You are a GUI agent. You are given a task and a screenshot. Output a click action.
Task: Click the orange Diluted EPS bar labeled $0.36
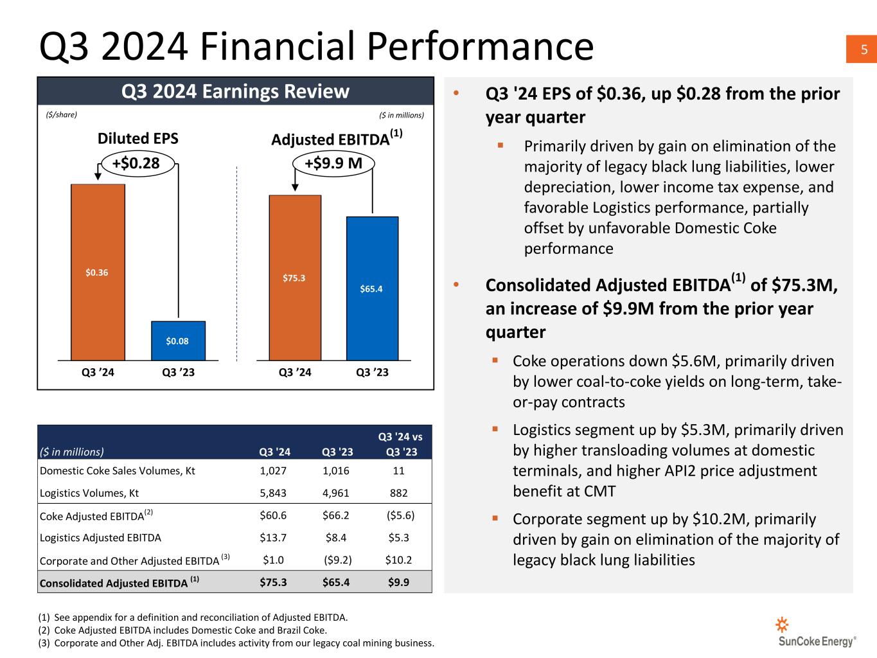98,272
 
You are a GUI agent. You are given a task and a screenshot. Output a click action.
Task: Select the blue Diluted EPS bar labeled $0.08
178,341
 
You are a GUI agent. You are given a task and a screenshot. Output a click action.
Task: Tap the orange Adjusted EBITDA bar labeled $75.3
294,278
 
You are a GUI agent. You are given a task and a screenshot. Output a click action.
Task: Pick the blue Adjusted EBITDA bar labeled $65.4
372,289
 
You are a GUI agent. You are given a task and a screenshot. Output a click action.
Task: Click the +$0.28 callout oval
136,163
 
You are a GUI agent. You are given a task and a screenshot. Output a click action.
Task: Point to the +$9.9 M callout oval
333,163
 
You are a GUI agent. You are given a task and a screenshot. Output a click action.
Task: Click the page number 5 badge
864,49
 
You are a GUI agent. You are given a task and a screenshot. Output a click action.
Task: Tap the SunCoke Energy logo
816,634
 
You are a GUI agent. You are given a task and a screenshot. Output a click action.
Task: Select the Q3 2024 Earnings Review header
235,91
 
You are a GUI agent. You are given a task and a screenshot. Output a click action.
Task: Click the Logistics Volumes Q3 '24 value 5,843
273,493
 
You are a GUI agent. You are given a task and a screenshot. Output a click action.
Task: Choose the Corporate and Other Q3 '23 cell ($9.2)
338,560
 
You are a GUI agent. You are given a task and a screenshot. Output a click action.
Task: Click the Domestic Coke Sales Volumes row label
118,470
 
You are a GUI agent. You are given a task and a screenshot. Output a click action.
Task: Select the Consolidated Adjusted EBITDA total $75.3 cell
273,583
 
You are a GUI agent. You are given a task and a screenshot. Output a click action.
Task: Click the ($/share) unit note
62,115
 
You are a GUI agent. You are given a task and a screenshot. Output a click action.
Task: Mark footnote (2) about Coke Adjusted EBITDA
191,630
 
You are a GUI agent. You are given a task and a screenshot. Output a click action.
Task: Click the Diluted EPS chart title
137,139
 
